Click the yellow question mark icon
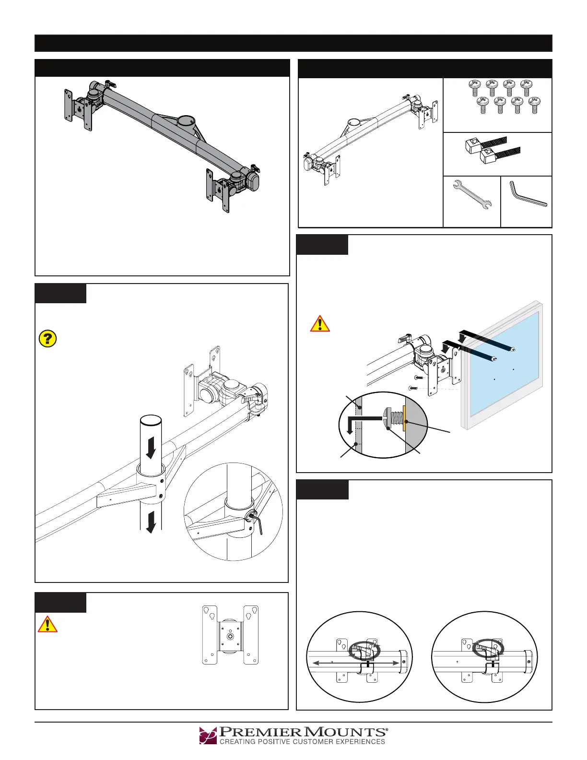[x=47, y=339]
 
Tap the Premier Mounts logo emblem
[x=208, y=735]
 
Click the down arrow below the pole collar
[x=151, y=522]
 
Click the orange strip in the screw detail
[x=405, y=418]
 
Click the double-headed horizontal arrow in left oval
[x=355, y=663]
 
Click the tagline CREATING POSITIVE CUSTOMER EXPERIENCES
[x=302, y=742]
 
